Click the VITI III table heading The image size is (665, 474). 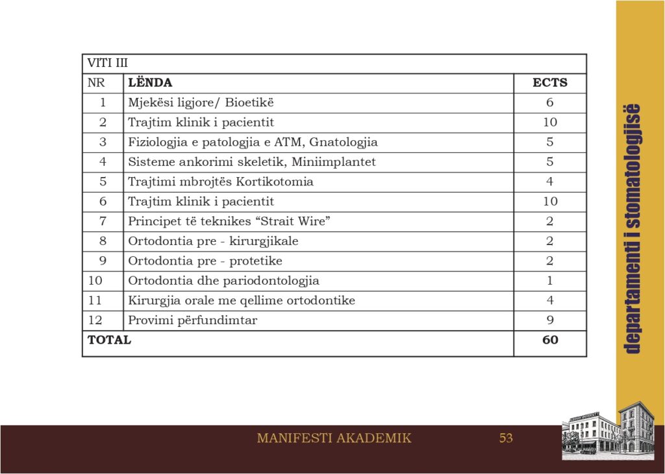[108, 64]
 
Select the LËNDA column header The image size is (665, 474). [150, 83]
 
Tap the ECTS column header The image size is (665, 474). [549, 83]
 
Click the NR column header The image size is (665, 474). [96, 83]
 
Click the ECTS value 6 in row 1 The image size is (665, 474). [549, 102]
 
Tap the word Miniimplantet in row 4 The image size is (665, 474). [338, 162]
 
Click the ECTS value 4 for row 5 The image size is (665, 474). [549, 182]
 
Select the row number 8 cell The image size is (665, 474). [103, 241]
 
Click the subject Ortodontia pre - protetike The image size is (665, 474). [205, 261]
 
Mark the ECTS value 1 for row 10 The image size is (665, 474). [549, 281]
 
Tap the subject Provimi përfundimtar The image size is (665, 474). [193, 320]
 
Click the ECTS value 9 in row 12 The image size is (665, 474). [549, 320]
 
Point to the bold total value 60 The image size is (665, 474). [549, 340]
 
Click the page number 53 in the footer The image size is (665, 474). [506, 438]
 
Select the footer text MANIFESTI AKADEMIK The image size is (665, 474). [334, 438]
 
